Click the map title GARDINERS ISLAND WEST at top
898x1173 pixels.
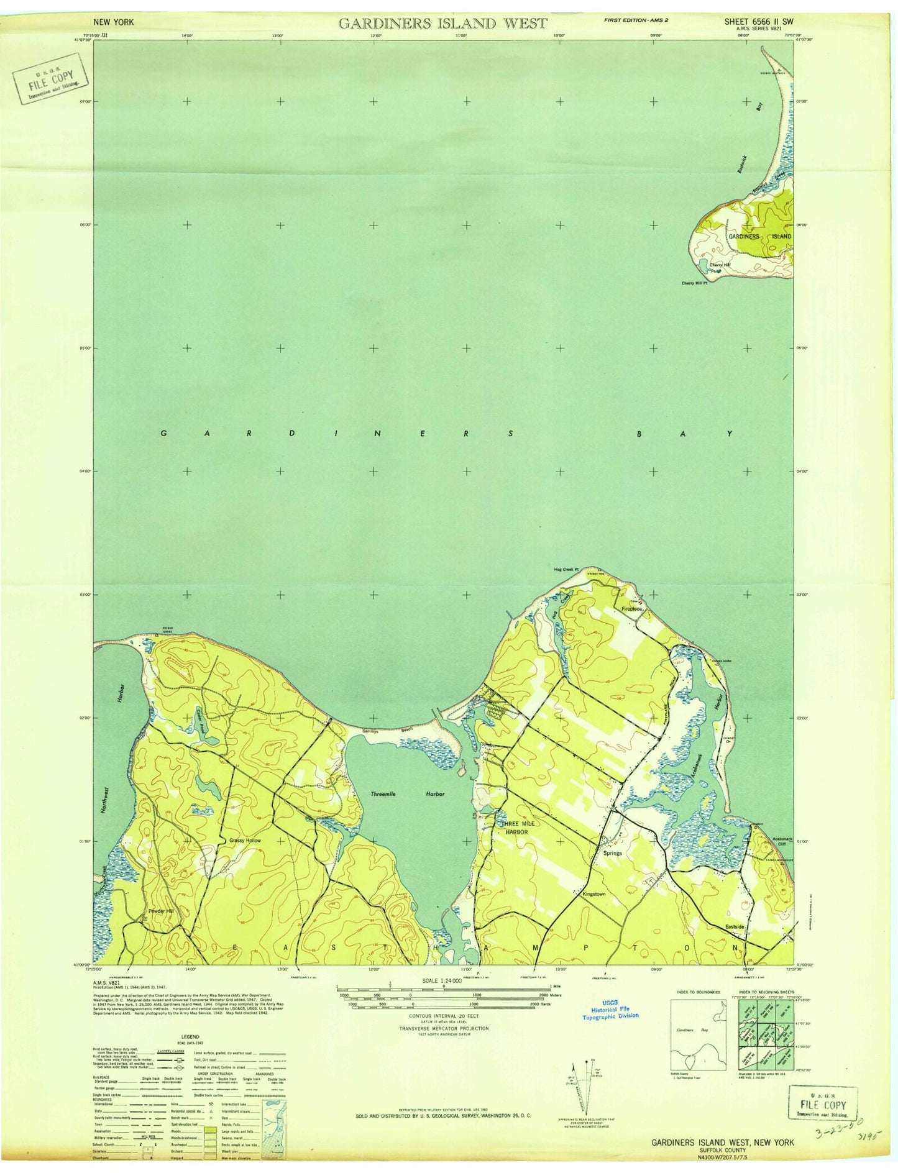[x=442, y=24]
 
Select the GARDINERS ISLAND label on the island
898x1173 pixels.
[x=760, y=237]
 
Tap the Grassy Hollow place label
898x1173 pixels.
[x=245, y=841]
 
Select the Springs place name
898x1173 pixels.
[x=612, y=853]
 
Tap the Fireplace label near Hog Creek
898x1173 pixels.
[x=631, y=609]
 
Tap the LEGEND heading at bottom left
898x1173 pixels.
[x=190, y=1037]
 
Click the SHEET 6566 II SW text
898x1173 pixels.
[x=758, y=21]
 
